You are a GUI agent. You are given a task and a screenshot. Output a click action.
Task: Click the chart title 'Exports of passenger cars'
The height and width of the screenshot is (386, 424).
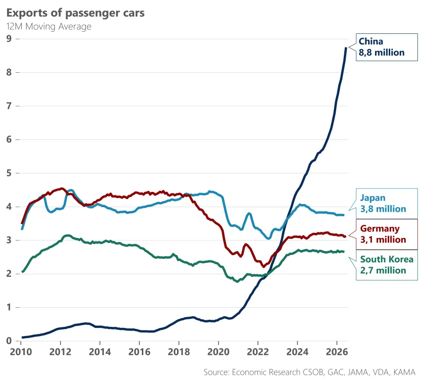click(x=75, y=13)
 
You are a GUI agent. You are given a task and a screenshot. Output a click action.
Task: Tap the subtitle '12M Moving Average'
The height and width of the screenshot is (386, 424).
click(x=48, y=27)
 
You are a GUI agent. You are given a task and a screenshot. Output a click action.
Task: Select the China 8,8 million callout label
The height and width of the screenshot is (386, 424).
click(x=387, y=47)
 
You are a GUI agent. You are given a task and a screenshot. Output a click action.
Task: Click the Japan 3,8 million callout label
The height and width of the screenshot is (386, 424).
click(x=387, y=204)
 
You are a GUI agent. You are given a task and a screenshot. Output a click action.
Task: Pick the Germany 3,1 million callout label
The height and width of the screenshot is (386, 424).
click(x=387, y=234)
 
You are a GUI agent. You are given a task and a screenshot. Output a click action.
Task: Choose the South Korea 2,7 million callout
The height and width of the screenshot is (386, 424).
click(x=387, y=265)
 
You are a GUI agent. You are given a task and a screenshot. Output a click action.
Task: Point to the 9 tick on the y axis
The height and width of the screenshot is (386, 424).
click(x=9, y=39)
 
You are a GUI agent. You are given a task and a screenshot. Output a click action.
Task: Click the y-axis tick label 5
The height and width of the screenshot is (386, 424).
click(x=9, y=173)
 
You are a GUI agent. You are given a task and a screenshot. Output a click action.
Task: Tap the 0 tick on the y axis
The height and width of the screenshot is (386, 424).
click(x=9, y=341)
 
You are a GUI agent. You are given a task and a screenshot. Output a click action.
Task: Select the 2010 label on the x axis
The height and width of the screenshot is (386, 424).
click(x=21, y=352)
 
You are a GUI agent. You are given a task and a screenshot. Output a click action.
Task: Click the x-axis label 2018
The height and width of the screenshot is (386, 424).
click(x=179, y=352)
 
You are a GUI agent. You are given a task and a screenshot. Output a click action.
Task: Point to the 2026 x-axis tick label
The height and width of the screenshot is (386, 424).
click(x=337, y=352)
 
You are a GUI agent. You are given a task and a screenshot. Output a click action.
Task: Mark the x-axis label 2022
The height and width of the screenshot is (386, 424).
click(x=258, y=352)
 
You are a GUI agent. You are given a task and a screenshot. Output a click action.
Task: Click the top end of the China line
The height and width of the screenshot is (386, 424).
click(x=346, y=47)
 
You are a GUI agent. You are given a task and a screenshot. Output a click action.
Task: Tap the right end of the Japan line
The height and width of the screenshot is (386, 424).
click(x=344, y=215)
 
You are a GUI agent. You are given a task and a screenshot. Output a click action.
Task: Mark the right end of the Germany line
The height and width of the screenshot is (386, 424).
click(x=345, y=236)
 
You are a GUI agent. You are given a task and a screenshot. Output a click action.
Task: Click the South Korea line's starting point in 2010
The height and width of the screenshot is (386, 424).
click(x=22, y=271)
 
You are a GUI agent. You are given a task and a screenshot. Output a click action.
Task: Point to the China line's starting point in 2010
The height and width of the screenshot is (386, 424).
click(x=22, y=337)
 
